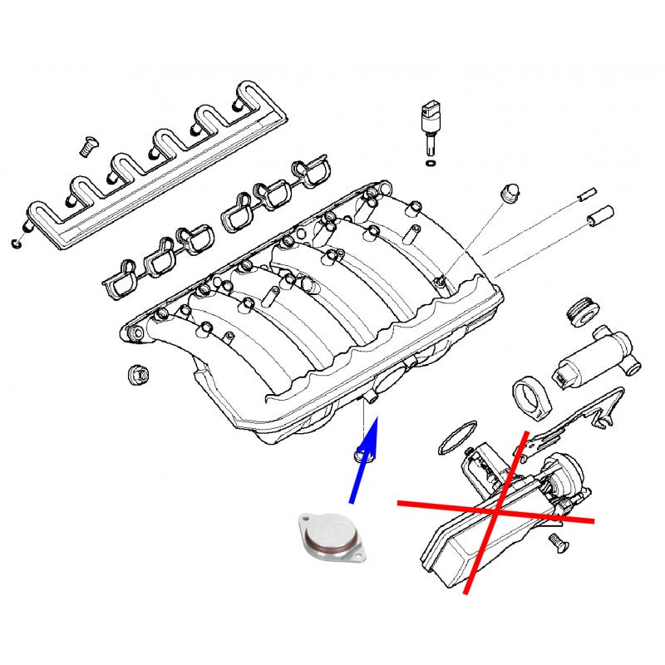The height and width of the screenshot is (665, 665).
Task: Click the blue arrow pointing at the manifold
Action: pos(364,461)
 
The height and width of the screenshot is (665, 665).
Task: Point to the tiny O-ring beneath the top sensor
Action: pos(429,165)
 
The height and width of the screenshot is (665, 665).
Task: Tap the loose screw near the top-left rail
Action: pos(84,147)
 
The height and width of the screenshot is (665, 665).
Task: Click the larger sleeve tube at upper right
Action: pos(600,215)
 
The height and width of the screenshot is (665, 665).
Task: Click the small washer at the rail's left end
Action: pos(17,244)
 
